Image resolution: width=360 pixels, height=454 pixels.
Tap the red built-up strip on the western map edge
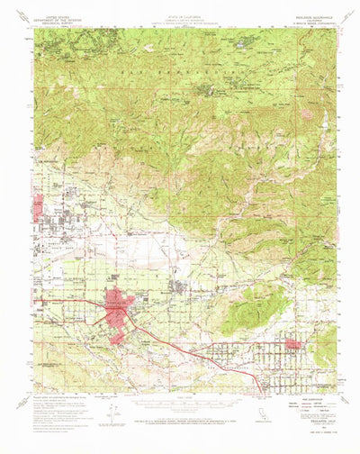pyautogui.click(x=38, y=208)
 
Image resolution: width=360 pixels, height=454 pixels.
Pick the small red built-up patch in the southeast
pyautogui.click(x=294, y=344)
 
